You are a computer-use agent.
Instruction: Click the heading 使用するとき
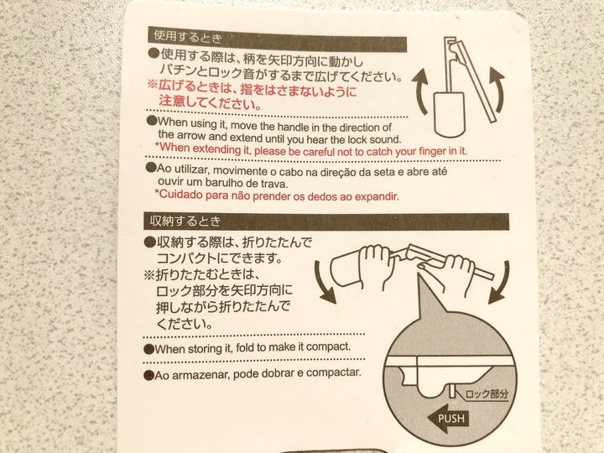coord(188,38)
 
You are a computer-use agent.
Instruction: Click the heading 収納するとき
coord(185,221)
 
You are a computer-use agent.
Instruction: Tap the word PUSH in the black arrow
coord(450,419)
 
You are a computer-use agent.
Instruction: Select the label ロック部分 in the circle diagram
coord(487,393)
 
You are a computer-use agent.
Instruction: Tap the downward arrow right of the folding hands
coord(500,283)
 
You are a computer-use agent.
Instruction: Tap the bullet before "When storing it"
coord(148,349)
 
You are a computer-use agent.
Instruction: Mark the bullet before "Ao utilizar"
coord(151,168)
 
